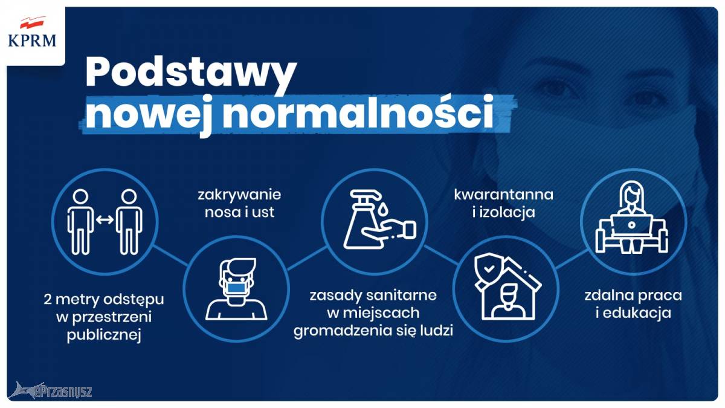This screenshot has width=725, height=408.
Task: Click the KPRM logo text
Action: tap(32, 41)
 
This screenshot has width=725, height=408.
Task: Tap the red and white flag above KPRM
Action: tap(32, 23)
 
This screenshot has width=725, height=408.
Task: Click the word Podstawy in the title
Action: tap(191, 74)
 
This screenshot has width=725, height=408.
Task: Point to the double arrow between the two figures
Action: tap(105, 219)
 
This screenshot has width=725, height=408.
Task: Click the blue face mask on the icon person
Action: tap(237, 288)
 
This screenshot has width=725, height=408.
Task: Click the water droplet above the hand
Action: tap(384, 209)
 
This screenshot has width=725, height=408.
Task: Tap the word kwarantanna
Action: tap(504, 195)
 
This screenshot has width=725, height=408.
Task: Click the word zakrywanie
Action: tap(239, 195)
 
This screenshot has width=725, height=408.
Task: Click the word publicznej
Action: tap(104, 335)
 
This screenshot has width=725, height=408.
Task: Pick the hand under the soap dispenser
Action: tap(388, 230)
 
